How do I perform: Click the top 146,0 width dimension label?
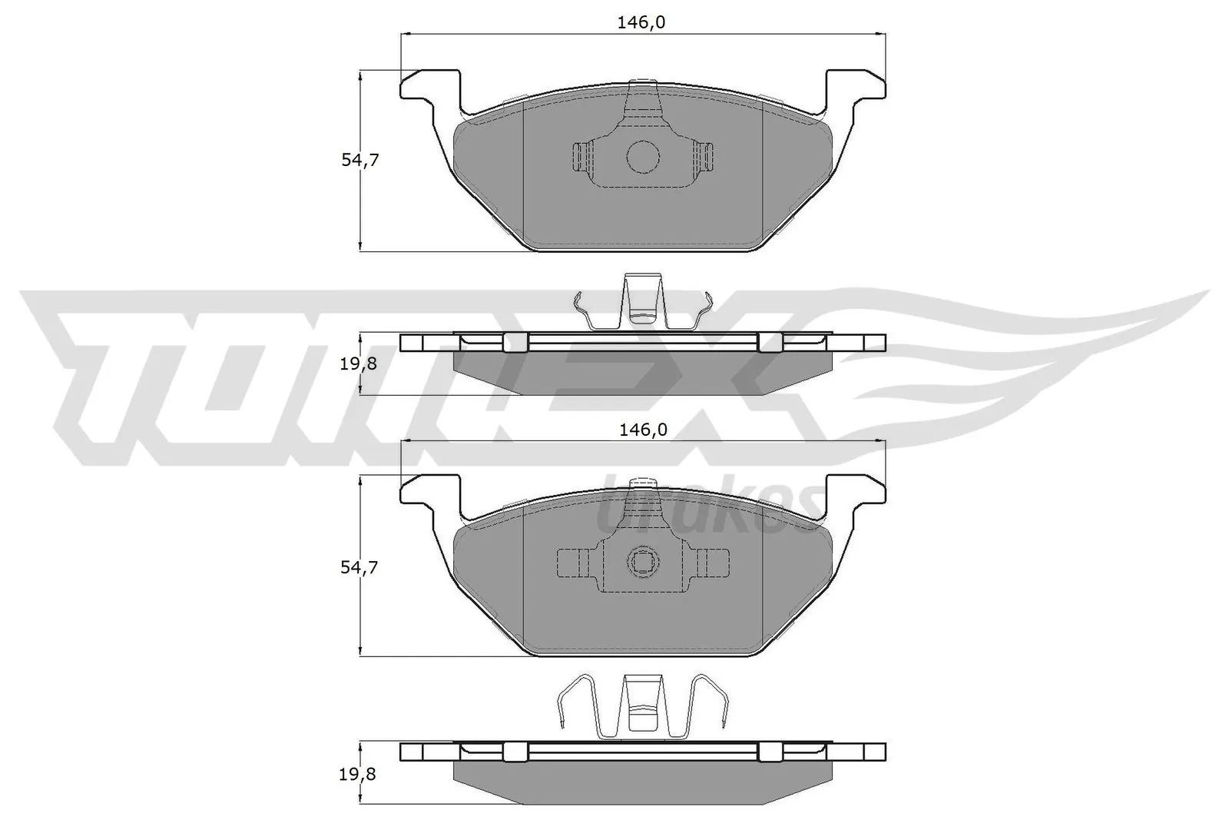pos(641,23)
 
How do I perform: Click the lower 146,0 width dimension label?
pos(641,430)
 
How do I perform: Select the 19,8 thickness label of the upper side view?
pos(359,364)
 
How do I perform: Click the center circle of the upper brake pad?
pos(643,157)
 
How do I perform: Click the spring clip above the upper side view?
pos(643,304)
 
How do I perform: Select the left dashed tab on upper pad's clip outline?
pos(581,157)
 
